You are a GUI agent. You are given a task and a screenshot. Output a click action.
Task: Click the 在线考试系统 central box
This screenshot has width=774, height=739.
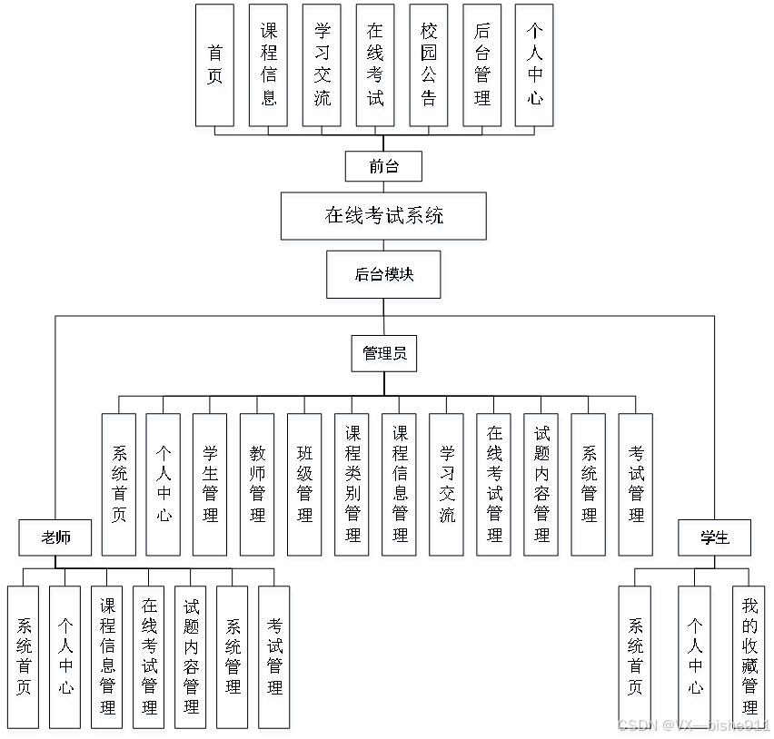[383, 216]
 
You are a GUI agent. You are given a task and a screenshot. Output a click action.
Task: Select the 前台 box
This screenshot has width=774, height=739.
[383, 166]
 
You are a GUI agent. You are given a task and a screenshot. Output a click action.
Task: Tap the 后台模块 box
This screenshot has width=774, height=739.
[383, 274]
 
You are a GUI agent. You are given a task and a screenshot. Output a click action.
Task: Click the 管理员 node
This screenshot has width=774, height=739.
[383, 353]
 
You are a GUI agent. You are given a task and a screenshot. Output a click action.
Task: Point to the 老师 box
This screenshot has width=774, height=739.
[55, 537]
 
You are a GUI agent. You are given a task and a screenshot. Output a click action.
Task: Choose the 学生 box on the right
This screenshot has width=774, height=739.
[715, 537]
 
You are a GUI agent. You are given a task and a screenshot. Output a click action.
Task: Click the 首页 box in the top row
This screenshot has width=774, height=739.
[214, 65]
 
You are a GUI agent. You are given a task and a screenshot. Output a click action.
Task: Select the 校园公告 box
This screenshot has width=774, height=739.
[429, 65]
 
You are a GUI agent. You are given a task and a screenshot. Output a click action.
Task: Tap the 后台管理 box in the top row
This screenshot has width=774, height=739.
[482, 65]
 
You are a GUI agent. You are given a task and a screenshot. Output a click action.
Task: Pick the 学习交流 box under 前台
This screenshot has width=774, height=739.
[322, 65]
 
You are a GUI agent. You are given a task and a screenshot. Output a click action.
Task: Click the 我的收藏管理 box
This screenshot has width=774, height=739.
[749, 656]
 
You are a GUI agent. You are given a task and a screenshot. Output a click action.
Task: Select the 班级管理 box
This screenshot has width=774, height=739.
[304, 485]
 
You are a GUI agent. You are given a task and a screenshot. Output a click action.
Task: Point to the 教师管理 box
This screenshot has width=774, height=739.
[257, 485]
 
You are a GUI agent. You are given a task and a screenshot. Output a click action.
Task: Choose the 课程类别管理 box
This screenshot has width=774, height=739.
[352, 485]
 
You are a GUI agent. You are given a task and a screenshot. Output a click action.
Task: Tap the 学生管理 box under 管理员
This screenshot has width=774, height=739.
[210, 485]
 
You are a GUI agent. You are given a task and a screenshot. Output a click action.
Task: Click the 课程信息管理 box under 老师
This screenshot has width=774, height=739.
[108, 656]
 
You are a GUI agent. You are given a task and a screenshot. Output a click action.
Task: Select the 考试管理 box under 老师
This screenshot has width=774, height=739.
[274, 656]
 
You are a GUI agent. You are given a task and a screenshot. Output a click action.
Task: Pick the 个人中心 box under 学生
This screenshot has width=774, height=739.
[695, 656]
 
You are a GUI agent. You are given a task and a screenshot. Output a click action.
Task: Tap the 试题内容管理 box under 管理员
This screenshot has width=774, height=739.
[541, 485]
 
